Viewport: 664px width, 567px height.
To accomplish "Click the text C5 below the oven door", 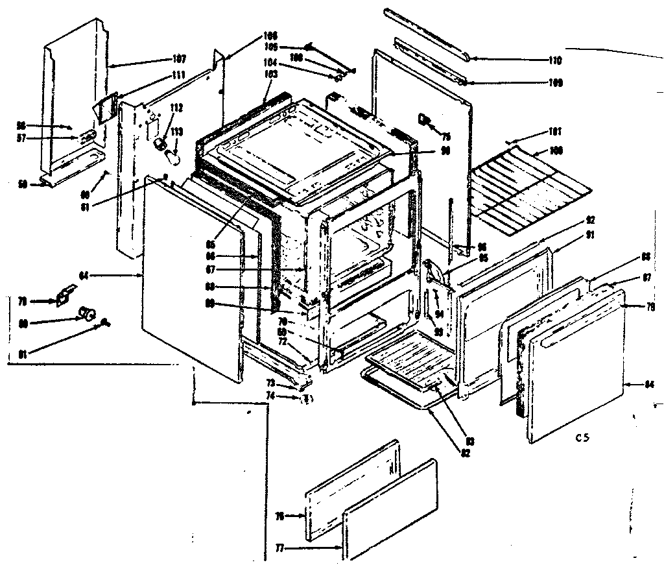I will pyautogui.click(x=581, y=437).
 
